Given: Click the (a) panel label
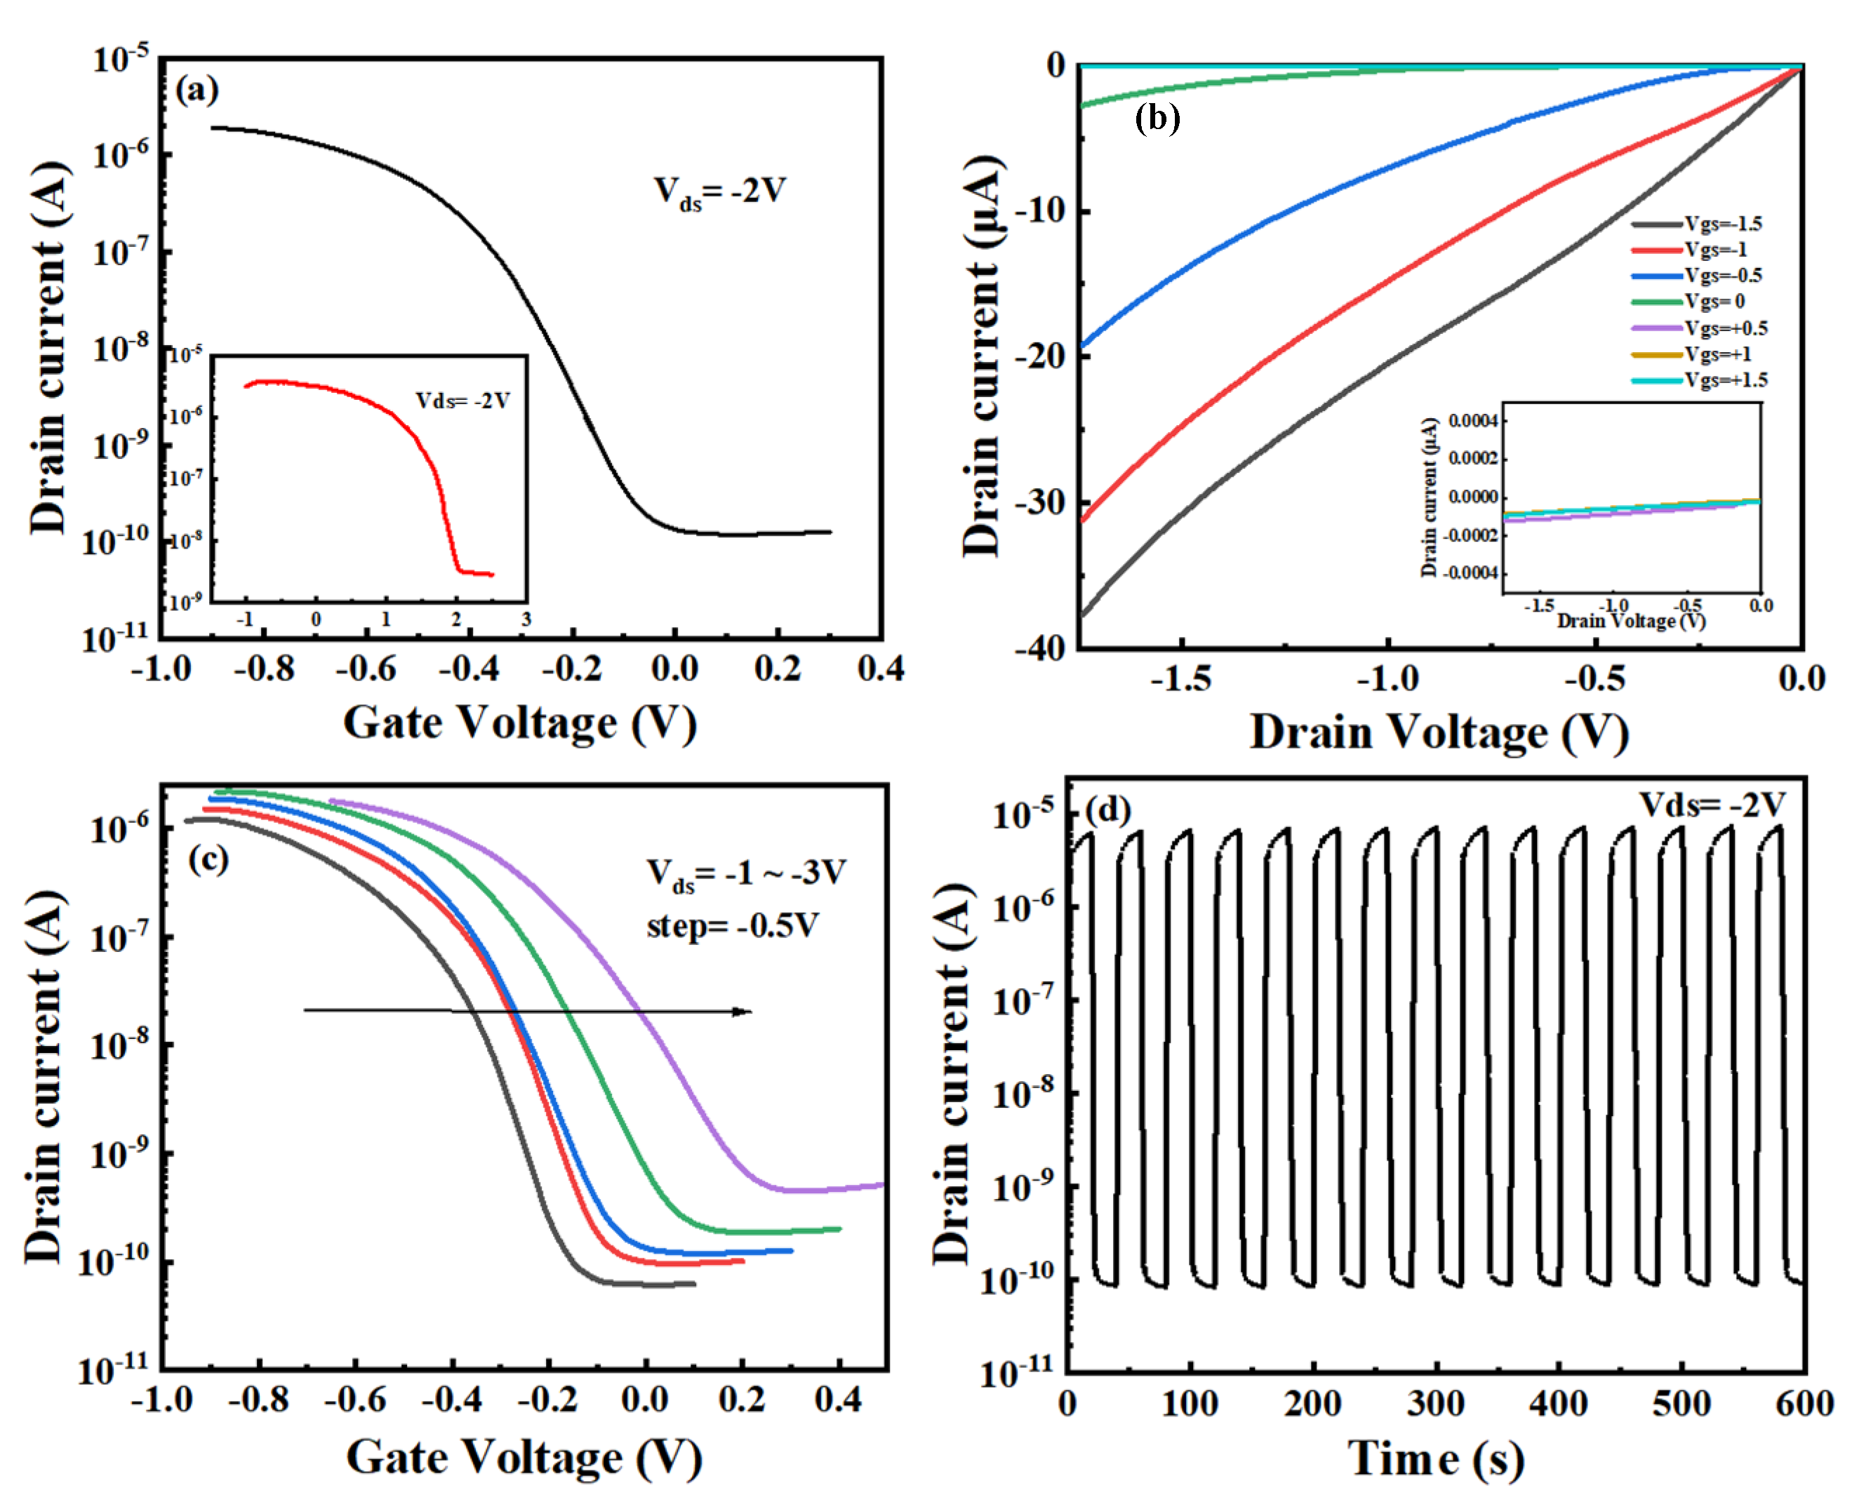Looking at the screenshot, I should coord(197,90).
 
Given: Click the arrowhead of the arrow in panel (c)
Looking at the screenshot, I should coord(743,1011).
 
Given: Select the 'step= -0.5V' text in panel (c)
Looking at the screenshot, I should coord(732,926).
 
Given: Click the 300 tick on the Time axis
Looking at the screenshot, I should coord(1436,1404).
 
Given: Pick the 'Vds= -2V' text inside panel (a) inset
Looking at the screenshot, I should coord(462,401).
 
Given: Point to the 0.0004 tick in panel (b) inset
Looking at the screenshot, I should coord(1474,420).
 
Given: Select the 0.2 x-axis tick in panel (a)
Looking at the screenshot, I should coord(778,669).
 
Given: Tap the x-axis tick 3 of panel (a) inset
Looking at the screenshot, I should coord(526,619).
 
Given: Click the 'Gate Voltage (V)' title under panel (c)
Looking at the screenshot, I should coord(524,1457).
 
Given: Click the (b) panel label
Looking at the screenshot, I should coord(1157,117).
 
